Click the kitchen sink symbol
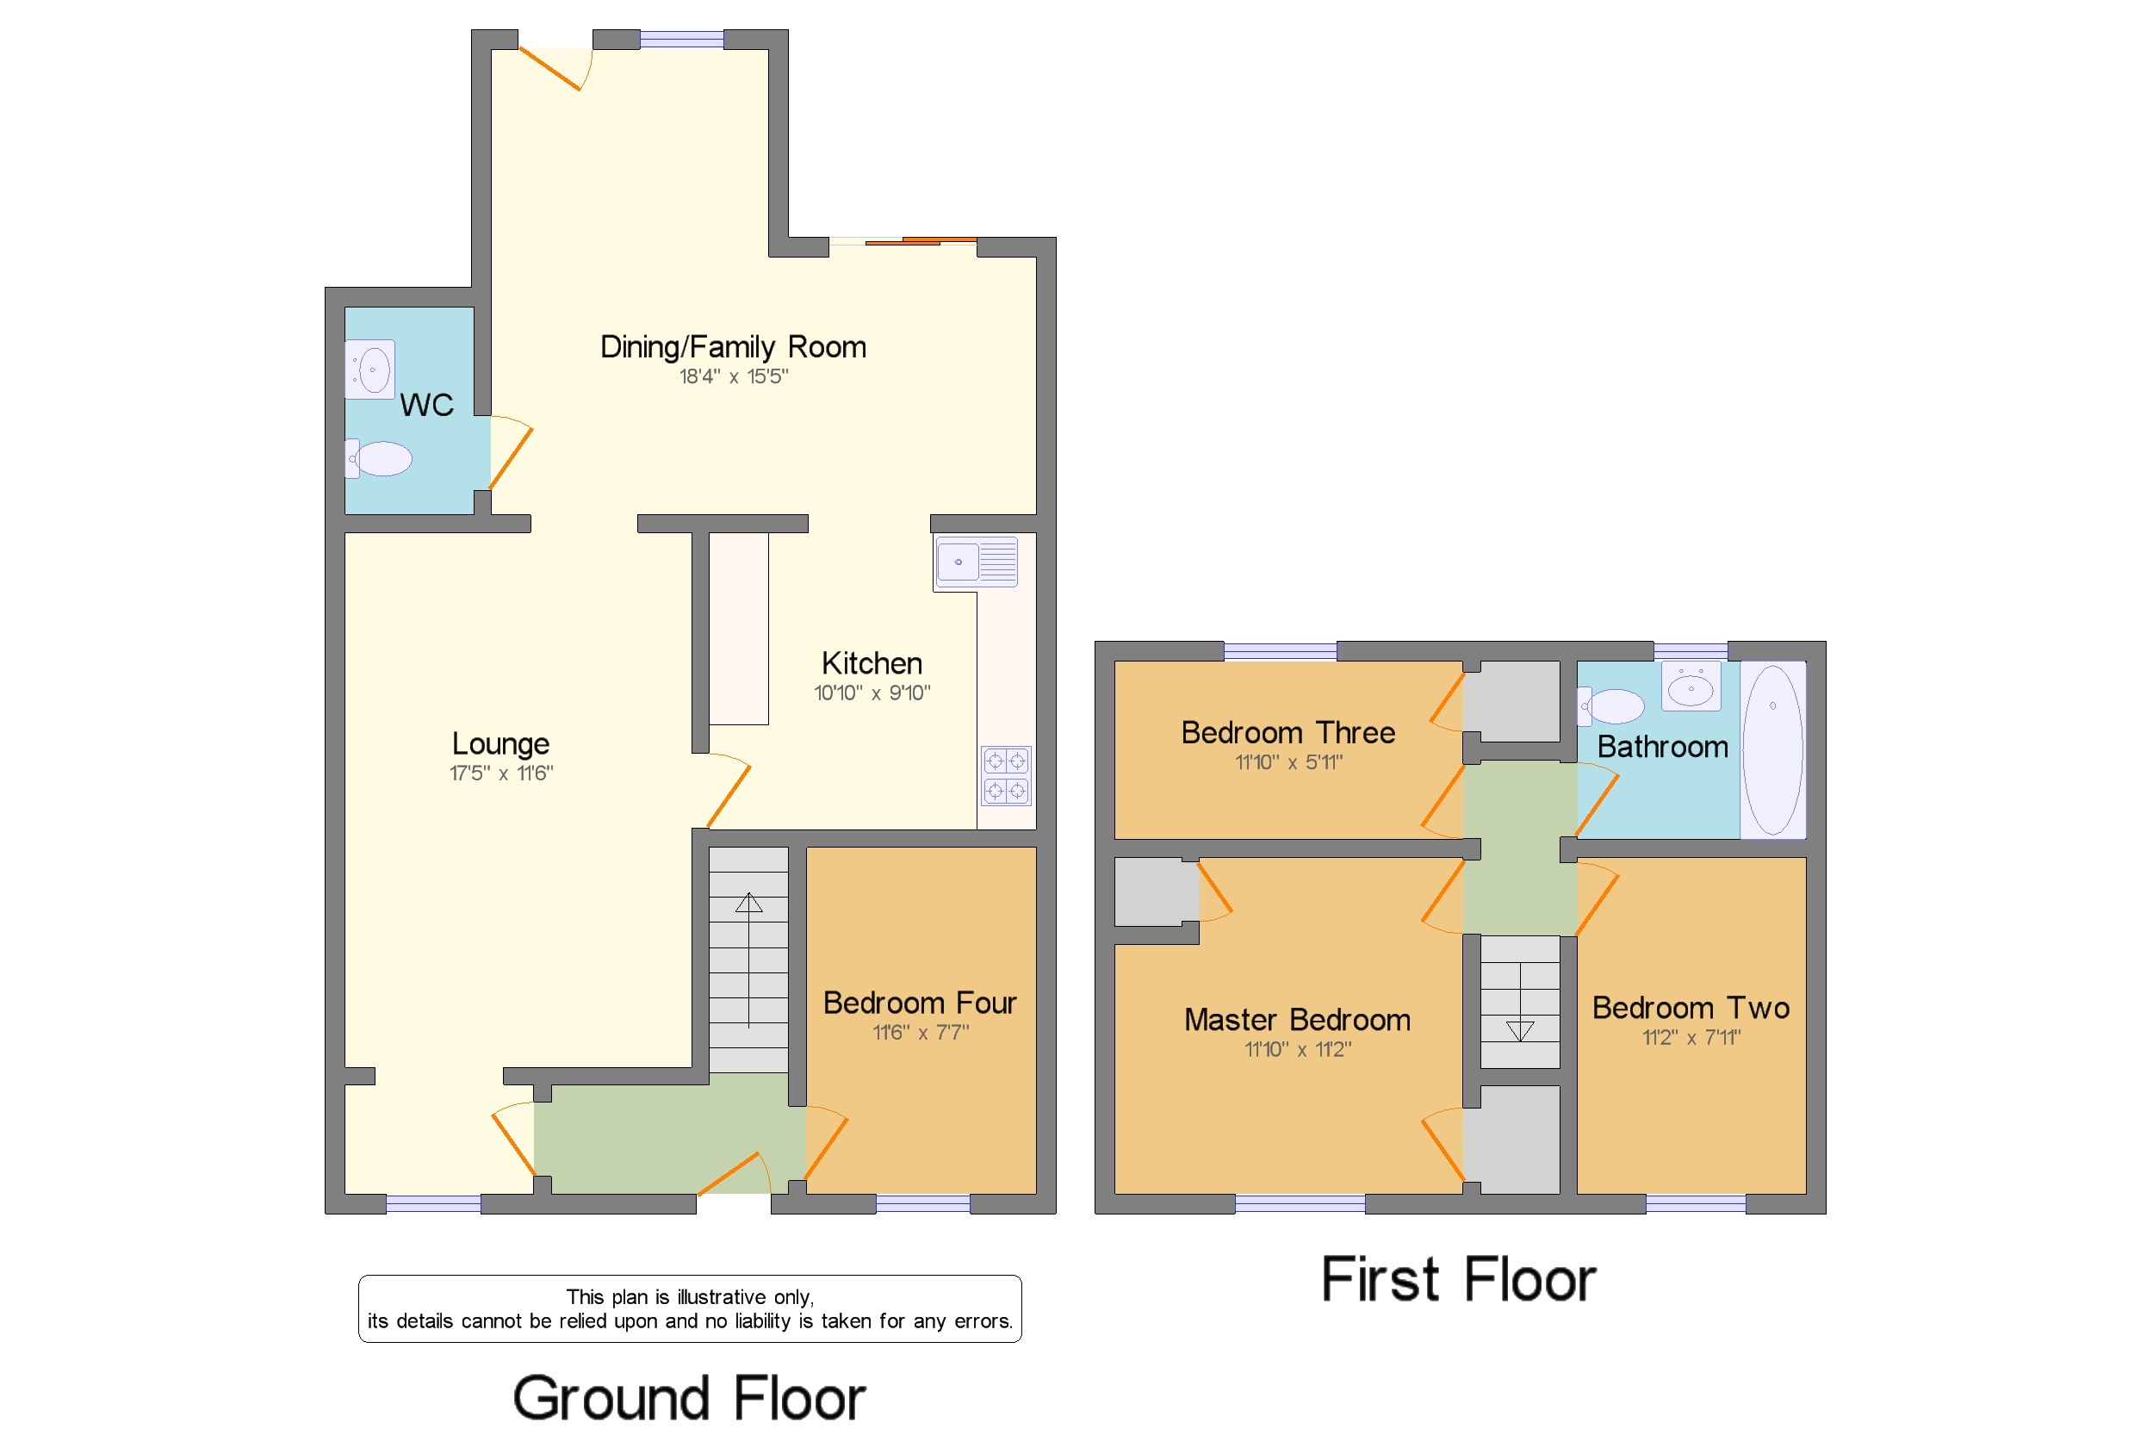(x=976, y=561)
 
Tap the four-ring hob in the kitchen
(x=1006, y=775)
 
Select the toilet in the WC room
(x=379, y=458)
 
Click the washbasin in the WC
(x=369, y=370)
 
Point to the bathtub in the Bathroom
(x=1771, y=749)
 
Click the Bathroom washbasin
(x=1690, y=686)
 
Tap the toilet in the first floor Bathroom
(x=1611, y=705)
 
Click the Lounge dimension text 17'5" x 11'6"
(x=500, y=773)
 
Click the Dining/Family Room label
(x=732, y=347)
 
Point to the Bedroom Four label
(x=919, y=1003)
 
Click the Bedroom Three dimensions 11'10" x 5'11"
(x=1287, y=762)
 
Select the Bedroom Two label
(x=1690, y=1008)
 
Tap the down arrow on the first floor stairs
(x=1519, y=1031)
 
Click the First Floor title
(x=1458, y=1278)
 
